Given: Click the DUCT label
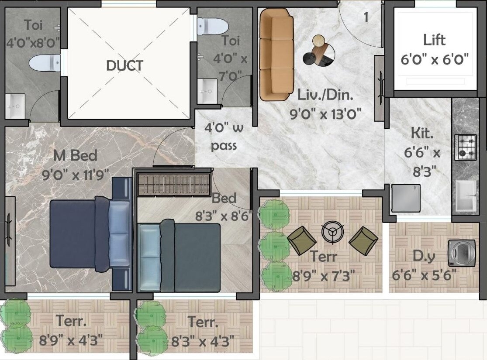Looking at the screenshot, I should pyautogui.click(x=124, y=66).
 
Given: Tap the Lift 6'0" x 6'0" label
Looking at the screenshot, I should pyautogui.click(x=434, y=49).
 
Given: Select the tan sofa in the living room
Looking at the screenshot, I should pyautogui.click(x=276, y=54).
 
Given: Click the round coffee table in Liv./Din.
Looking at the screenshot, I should pyautogui.click(x=324, y=51).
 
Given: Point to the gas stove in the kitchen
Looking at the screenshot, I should pyautogui.click(x=465, y=147).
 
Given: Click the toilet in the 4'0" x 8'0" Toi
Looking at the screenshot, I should pyautogui.click(x=44, y=63).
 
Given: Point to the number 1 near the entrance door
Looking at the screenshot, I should pyautogui.click(x=366, y=17).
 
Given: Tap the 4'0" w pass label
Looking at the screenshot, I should pyautogui.click(x=224, y=136).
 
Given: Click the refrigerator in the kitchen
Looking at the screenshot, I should pyautogui.click(x=406, y=198).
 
